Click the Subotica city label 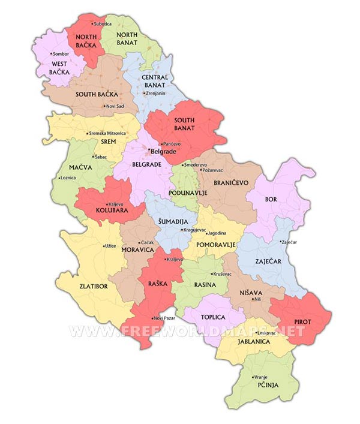(x=102, y=24)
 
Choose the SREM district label (x=108, y=142)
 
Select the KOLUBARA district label (x=110, y=211)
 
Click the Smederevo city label (x=196, y=164)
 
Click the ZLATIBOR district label (x=94, y=286)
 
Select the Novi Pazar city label (x=166, y=317)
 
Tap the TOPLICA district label (x=213, y=317)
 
